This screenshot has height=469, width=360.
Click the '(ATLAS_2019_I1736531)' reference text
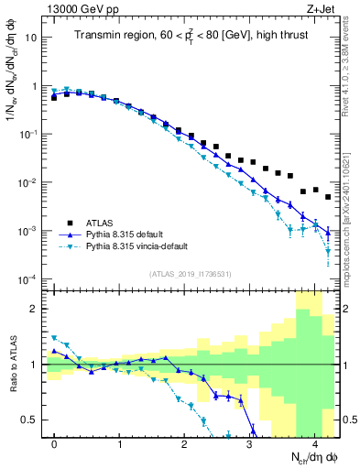point(190,274)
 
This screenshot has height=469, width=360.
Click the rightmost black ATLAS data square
point(328,197)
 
